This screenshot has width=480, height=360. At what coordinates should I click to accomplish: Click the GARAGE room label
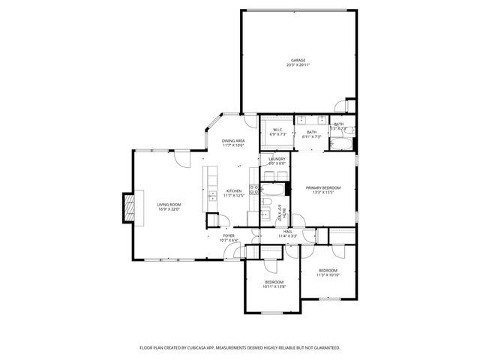click(x=298, y=60)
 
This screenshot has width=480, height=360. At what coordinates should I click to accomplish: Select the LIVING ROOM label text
click(x=169, y=204)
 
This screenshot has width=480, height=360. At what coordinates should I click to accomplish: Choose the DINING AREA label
click(x=233, y=141)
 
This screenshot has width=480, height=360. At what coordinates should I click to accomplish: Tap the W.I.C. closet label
click(x=277, y=130)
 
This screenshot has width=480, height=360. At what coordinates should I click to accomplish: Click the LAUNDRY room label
click(x=277, y=159)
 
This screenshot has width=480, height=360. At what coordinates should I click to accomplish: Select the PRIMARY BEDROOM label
click(x=323, y=187)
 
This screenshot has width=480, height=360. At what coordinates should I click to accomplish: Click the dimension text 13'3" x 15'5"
click(x=323, y=193)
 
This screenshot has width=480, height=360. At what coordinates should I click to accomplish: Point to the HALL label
click(x=287, y=232)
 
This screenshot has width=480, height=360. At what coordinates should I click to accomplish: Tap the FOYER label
click(x=229, y=235)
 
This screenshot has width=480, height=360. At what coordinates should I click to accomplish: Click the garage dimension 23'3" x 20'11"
click(x=298, y=65)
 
